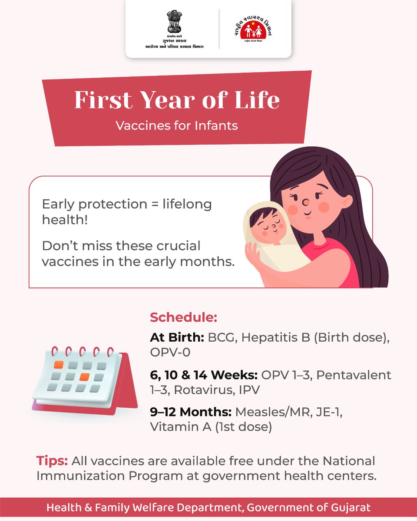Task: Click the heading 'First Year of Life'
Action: pos(177,100)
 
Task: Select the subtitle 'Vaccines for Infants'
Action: pos(177,125)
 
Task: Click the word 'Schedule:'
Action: pos(183,317)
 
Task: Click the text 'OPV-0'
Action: pos(170,353)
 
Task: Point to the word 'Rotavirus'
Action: pos(202,390)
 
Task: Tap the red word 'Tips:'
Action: pos(52,460)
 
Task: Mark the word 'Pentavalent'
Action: pos(354,375)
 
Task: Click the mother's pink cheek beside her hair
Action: pos(324,207)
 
